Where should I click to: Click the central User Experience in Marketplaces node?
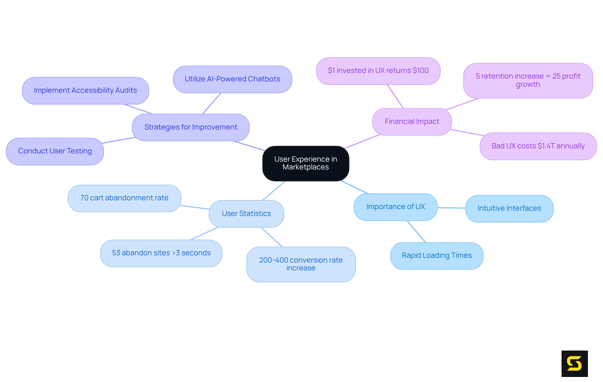pos(306,163)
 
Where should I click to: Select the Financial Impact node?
pos(412,122)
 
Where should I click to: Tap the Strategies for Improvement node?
pos(191,127)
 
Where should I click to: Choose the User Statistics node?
pos(246,214)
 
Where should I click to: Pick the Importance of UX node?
pos(395,207)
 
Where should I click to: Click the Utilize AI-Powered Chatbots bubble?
pos(232,79)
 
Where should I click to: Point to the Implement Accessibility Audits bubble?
pos(85,91)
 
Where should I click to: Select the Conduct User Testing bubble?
pos(55,151)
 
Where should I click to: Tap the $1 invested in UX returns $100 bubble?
pos(378,71)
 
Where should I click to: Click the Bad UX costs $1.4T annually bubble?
pos(538,146)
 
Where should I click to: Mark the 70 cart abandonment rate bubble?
pos(124,198)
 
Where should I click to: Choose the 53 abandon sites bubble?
pos(161,253)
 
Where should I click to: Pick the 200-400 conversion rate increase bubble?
pos(301,264)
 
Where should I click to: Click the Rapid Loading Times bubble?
pos(437,256)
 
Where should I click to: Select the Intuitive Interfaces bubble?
pos(509,208)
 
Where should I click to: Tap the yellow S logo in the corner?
pos(574,363)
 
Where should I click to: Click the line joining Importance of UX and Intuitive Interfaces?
pos(451,208)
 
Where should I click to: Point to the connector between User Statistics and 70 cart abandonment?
pos(195,207)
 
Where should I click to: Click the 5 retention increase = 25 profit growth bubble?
pos(528,80)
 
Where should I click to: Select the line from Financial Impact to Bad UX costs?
pos(466,132)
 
